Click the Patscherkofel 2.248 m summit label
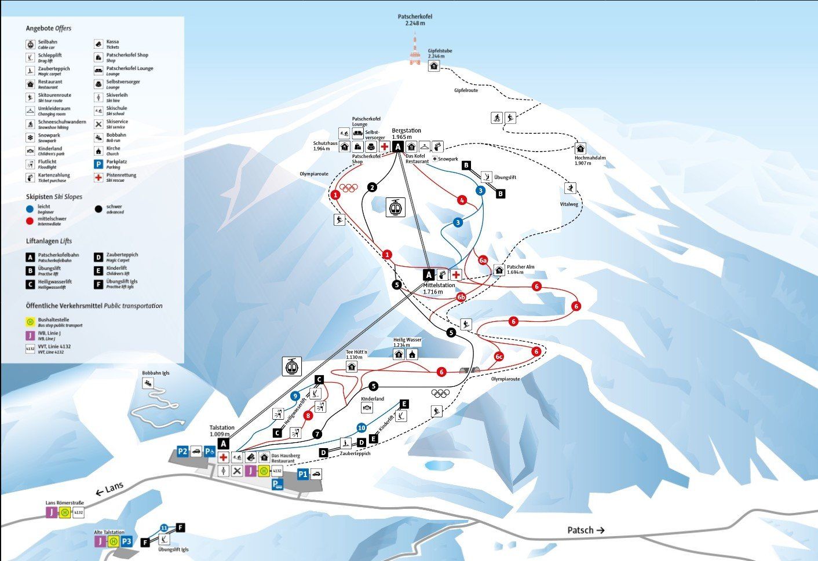pos(415,20)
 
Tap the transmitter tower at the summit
pos(415,50)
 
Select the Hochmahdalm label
pos(590,160)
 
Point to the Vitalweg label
pos(569,204)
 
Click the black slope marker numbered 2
pos(372,187)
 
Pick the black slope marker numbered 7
pos(317,434)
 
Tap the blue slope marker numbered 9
pos(295,397)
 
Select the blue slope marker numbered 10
pos(361,428)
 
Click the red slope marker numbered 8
pos(308,415)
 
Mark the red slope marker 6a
pos(483,260)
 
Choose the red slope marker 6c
pos(499,357)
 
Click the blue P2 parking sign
pos(183,451)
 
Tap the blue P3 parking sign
pos(127,542)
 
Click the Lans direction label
pos(109,487)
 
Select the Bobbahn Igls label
pos(156,373)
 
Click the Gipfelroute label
pos(466,90)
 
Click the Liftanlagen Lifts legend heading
pos(49,241)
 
